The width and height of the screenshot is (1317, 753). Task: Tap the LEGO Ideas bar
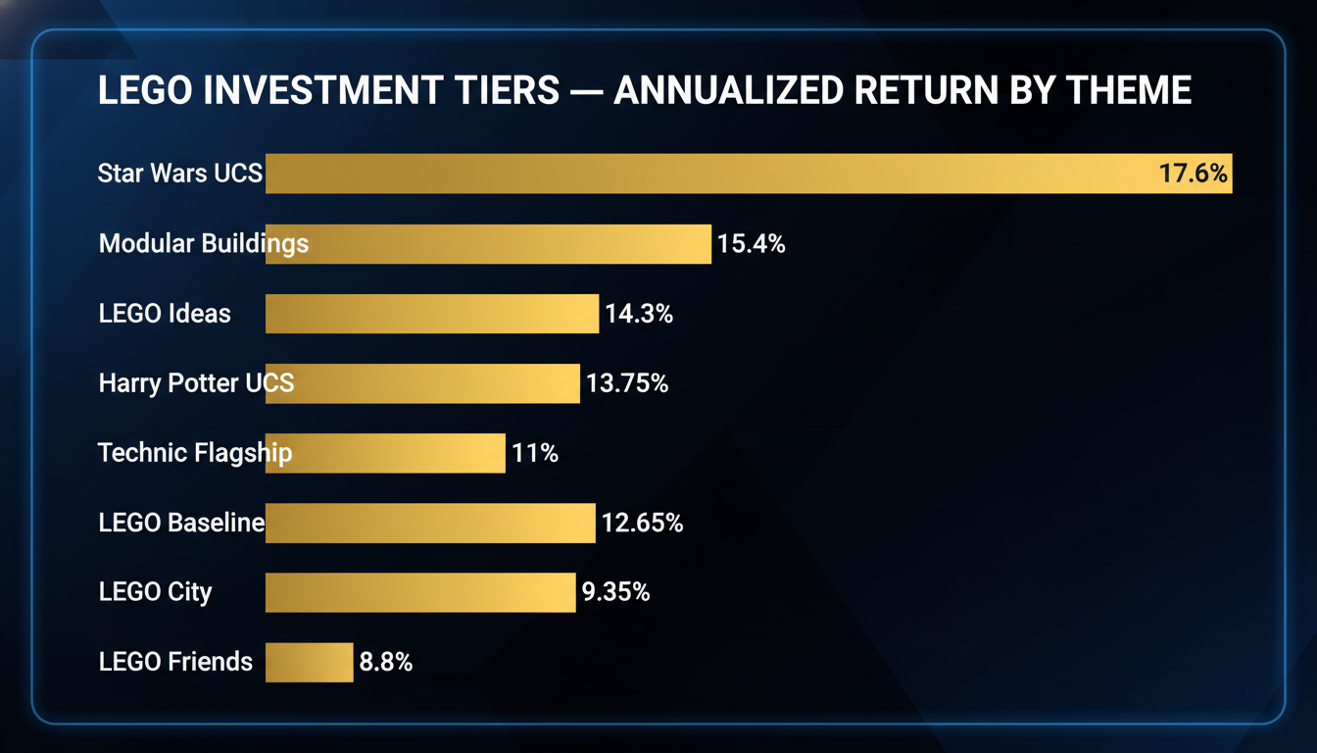point(432,314)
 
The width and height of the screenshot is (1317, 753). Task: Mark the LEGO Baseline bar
point(430,523)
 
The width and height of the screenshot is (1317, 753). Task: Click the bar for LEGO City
point(420,592)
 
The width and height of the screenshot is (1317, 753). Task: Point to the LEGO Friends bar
point(309,662)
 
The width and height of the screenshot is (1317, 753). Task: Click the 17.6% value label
point(1193,175)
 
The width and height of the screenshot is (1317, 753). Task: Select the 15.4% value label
point(751,244)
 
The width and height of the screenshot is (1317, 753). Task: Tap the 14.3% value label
point(639,314)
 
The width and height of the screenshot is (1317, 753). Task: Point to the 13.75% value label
point(627,383)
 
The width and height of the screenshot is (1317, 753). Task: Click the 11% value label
point(535,453)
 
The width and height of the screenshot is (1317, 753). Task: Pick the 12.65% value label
point(642,523)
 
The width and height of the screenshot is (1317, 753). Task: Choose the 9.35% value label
point(615,592)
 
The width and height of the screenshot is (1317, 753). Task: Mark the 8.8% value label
point(385,662)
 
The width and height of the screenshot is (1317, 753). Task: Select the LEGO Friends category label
point(175,662)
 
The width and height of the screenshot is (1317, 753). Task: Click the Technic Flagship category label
point(194,453)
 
